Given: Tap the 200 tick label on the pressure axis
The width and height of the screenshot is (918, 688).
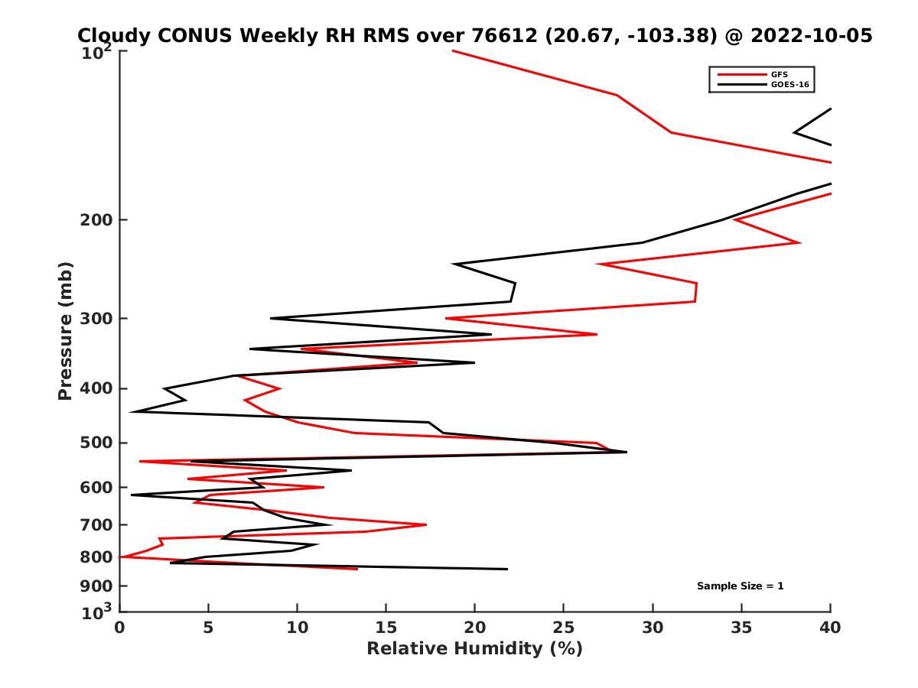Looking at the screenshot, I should pyautogui.click(x=97, y=220).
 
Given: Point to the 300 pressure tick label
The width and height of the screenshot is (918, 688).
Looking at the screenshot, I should pyautogui.click(x=97, y=319).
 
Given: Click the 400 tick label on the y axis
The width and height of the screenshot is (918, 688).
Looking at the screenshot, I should pyautogui.click(x=97, y=388).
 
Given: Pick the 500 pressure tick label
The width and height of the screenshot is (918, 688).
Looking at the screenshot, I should pyautogui.click(x=97, y=443).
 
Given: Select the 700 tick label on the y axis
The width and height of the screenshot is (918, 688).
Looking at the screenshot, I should pyautogui.click(x=97, y=525).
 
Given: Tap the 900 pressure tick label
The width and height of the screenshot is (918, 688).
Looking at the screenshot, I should pyautogui.click(x=97, y=586).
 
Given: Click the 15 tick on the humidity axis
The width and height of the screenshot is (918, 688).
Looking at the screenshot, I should pyautogui.click(x=386, y=628).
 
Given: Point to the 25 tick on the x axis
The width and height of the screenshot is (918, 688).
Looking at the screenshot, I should pyautogui.click(x=564, y=628).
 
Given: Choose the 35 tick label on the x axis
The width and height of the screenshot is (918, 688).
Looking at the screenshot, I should pyautogui.click(x=741, y=628).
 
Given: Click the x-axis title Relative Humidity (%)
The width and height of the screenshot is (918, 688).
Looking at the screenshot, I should pyautogui.click(x=474, y=649).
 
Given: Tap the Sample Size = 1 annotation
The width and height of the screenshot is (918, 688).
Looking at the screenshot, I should pyautogui.click(x=740, y=586).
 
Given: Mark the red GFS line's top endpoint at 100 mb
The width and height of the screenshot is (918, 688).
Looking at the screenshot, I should pyautogui.click(x=453, y=50).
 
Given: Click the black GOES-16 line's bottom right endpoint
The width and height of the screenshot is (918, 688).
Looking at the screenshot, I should pyautogui.click(x=507, y=569).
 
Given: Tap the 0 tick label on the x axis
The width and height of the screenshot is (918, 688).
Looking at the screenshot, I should pyautogui.click(x=120, y=628).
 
